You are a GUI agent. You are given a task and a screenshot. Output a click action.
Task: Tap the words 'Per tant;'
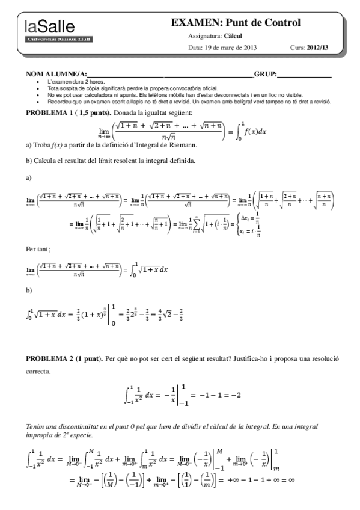(37, 248)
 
